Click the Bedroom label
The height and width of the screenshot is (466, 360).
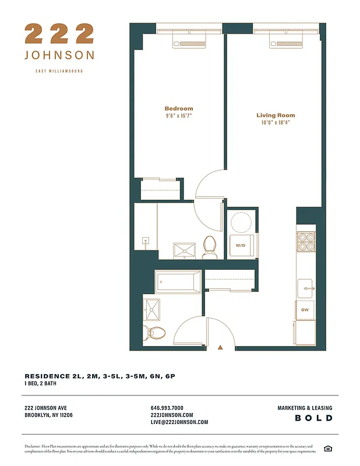[x=178, y=108]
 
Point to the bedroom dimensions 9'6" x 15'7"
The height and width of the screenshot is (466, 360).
[x=178, y=116]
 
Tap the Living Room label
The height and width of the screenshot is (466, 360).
[x=276, y=115]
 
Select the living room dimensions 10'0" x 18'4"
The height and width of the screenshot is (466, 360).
[x=276, y=123]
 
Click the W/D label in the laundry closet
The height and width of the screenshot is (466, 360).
[x=241, y=245]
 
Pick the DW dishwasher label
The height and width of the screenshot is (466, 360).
[x=305, y=310]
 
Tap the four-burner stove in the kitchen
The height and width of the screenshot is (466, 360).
[x=305, y=241]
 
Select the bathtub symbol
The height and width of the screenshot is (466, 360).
[x=178, y=282]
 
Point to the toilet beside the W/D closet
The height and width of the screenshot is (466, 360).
[x=210, y=247]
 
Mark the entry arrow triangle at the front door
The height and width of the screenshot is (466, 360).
[x=220, y=347]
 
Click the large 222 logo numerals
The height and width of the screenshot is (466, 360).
[x=59, y=34]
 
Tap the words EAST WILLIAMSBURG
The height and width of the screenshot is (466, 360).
[x=59, y=71]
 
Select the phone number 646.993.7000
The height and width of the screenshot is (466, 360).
[x=167, y=408]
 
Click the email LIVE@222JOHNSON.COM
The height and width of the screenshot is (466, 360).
[x=179, y=422]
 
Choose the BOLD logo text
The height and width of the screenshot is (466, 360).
[x=313, y=418]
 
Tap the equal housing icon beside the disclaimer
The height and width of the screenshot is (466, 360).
[x=328, y=448]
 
